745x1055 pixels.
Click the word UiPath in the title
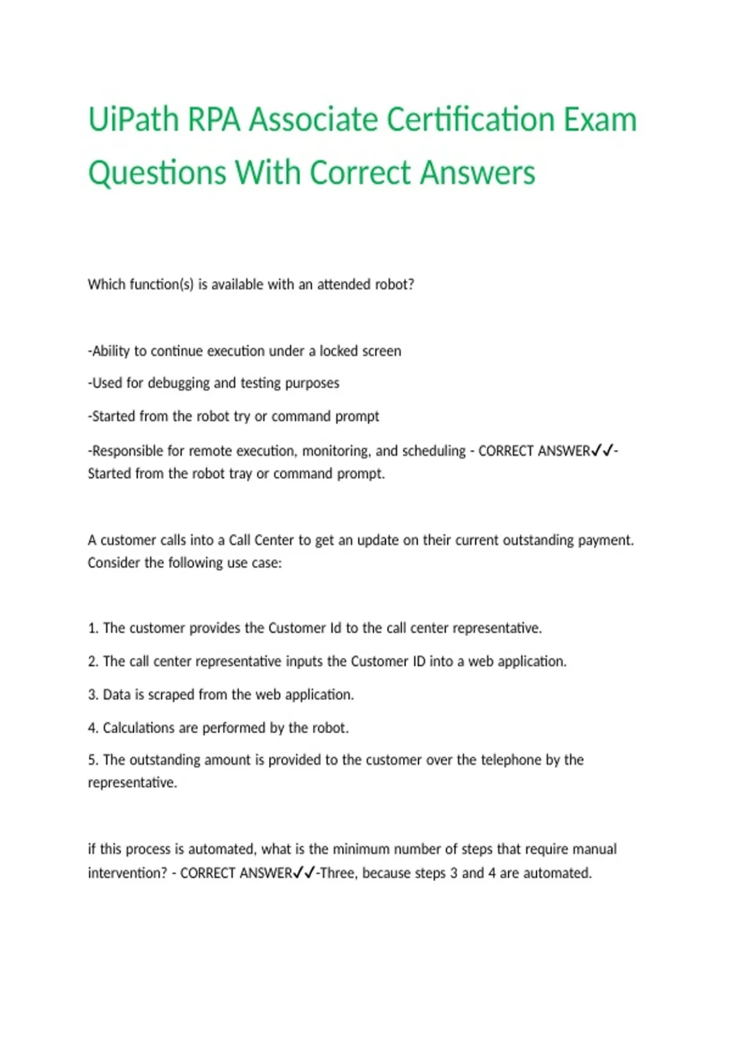[133, 120]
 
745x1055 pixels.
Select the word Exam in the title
[600, 120]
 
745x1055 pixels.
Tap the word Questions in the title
[156, 173]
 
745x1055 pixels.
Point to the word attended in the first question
[345, 285]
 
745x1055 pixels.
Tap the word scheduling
[434, 451]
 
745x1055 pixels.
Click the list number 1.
[93, 629]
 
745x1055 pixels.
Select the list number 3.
[93, 695]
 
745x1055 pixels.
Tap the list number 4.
[93, 728]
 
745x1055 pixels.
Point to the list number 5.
[93, 760]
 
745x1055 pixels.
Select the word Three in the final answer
[338, 873]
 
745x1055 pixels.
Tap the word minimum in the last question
[361, 850]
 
